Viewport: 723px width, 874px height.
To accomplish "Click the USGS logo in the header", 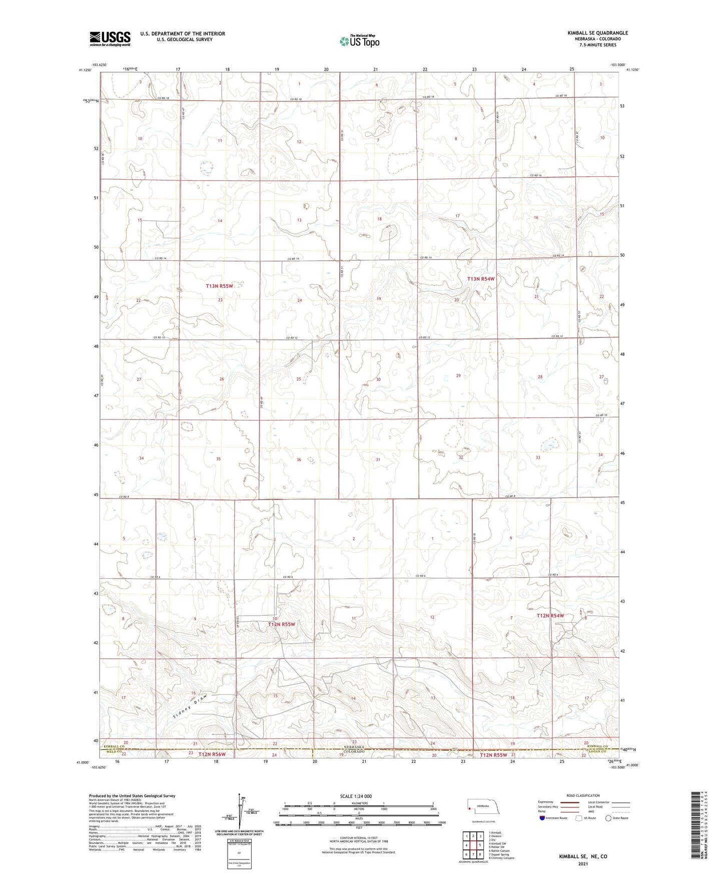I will tap(110, 39).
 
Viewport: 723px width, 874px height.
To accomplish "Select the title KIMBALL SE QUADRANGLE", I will tap(597, 33).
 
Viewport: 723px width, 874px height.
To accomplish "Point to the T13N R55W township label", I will tap(220, 286).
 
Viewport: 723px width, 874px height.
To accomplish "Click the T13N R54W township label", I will tap(481, 279).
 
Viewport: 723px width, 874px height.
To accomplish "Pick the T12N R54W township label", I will tap(550, 615).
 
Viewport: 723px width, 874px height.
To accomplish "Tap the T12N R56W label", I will tap(212, 754).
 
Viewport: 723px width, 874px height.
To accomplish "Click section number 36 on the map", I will tap(299, 460).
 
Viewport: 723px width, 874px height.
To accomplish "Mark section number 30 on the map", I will tap(378, 379).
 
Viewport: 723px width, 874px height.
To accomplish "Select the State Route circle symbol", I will tap(608, 818).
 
